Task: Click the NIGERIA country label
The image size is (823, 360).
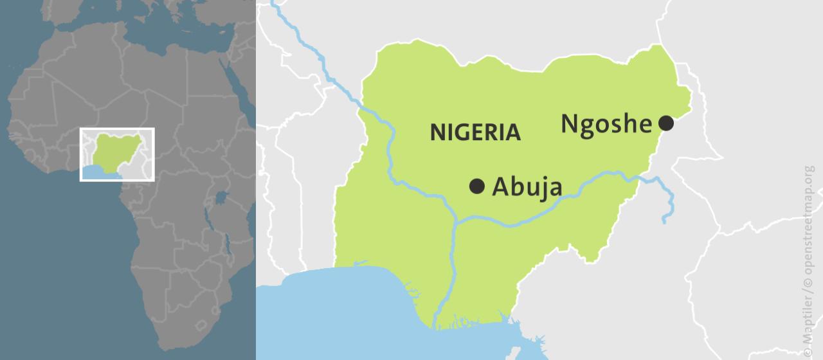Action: tap(475, 132)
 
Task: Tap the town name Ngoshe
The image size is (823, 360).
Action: tap(606, 123)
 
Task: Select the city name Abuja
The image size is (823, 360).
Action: tap(527, 187)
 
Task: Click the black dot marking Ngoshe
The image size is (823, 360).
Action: tap(666, 123)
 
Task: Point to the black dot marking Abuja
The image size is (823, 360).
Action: tap(477, 186)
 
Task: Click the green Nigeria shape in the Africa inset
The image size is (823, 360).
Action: tap(117, 149)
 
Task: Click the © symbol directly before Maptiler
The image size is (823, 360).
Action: tap(808, 352)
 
